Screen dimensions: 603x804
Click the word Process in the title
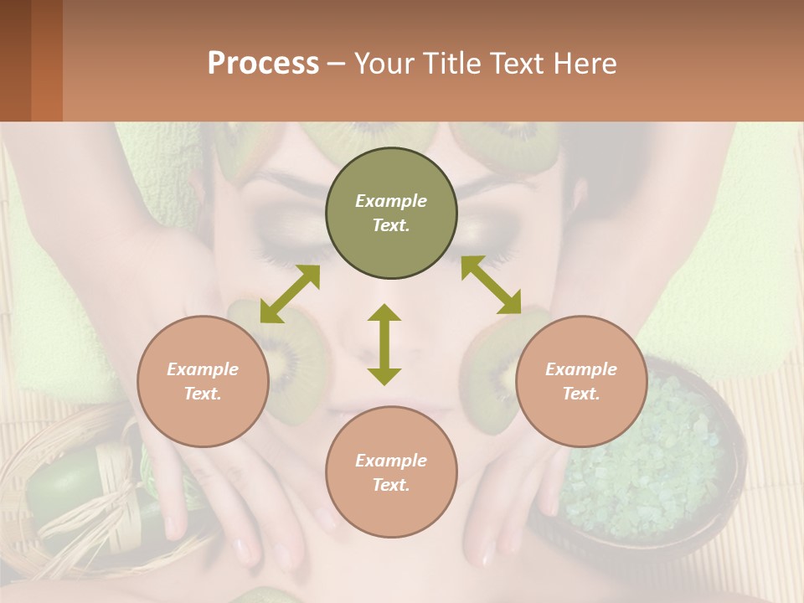(x=263, y=64)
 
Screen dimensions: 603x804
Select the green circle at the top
(x=391, y=214)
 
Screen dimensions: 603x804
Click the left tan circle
(x=203, y=381)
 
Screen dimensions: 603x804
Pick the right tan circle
(x=581, y=381)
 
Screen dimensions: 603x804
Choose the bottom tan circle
(x=391, y=472)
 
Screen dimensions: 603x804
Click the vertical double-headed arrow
(x=384, y=344)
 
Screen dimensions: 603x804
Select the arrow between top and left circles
(x=290, y=293)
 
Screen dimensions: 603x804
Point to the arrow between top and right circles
(x=491, y=285)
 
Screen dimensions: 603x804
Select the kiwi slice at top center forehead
(x=368, y=138)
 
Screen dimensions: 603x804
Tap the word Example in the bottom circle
(x=391, y=460)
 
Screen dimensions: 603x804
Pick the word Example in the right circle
(x=581, y=368)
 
